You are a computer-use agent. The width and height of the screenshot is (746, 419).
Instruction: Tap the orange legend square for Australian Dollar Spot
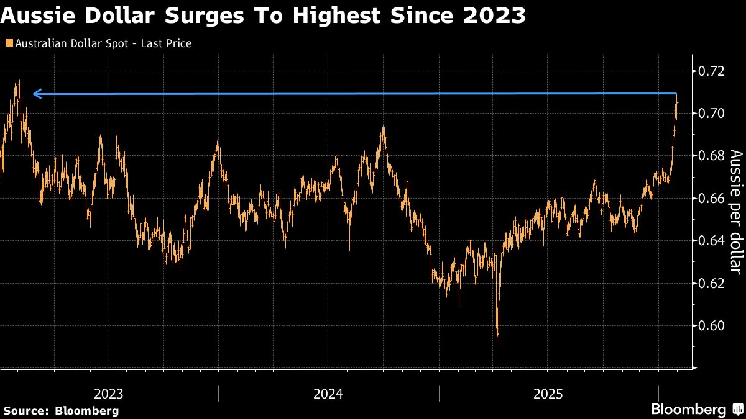(x=7, y=43)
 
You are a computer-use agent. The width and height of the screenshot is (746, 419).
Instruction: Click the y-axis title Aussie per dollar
(x=735, y=211)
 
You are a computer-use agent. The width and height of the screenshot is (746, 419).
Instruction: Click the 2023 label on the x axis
(x=109, y=394)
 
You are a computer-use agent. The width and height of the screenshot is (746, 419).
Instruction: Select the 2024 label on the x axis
(x=328, y=394)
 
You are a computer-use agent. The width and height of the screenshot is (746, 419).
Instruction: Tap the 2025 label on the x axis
(x=548, y=394)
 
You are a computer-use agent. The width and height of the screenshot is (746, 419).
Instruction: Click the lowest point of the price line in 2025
(x=498, y=341)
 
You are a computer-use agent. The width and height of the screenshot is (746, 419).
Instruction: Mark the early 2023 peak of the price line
(x=19, y=81)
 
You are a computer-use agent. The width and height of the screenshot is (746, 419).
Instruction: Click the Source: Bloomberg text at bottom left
(x=61, y=410)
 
